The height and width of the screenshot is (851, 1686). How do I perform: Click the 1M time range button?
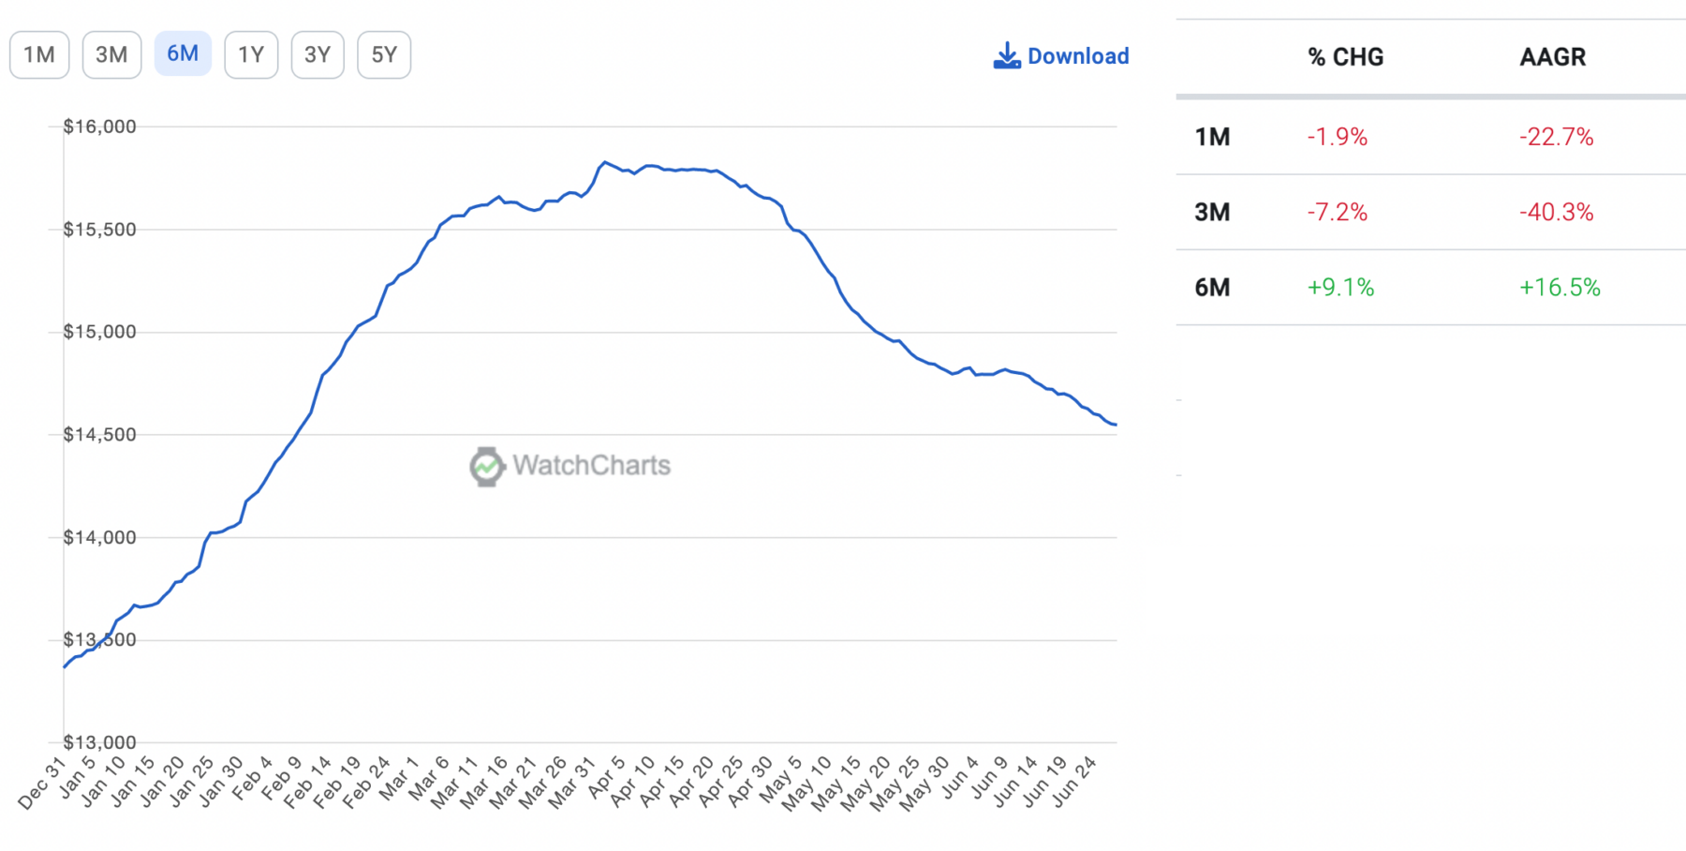click(x=39, y=55)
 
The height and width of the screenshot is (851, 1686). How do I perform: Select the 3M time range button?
click(x=111, y=55)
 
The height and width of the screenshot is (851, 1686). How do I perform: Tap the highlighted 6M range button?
click(x=183, y=54)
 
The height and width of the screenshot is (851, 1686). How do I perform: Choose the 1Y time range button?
click(x=251, y=55)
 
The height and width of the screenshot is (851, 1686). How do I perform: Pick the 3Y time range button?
click(x=318, y=55)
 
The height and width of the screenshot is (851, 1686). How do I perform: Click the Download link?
click(x=1077, y=56)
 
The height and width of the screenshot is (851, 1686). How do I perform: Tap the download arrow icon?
click(x=1007, y=56)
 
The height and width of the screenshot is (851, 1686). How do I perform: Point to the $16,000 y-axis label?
click(x=99, y=127)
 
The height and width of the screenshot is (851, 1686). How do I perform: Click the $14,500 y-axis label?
click(x=99, y=435)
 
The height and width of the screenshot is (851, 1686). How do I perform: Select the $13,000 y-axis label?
click(x=99, y=743)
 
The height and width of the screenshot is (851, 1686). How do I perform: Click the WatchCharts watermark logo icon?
click(x=487, y=466)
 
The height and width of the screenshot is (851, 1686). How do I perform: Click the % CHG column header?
click(x=1345, y=57)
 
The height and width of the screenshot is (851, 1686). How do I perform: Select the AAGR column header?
click(x=1552, y=57)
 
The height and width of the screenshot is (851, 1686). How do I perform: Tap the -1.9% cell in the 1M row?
click(x=1337, y=138)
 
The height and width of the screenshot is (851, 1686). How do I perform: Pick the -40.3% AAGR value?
click(x=1556, y=213)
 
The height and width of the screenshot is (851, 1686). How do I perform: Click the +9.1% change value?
click(x=1340, y=288)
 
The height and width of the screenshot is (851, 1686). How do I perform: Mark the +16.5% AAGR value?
click(x=1560, y=288)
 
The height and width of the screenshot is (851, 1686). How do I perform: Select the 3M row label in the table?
click(x=1212, y=213)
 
